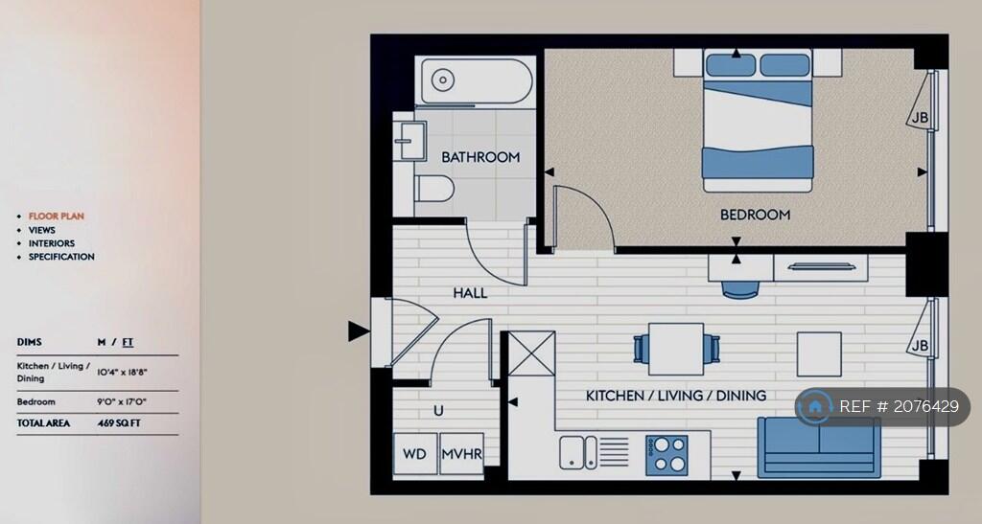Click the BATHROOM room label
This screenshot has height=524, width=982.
(x=480, y=157)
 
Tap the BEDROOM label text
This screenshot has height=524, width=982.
(x=755, y=216)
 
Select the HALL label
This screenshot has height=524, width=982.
(x=470, y=292)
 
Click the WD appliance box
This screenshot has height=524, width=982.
(x=414, y=453)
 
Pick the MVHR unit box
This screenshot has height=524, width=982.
(x=462, y=453)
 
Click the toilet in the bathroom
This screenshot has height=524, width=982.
(x=434, y=188)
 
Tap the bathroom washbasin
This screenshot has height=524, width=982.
(x=409, y=142)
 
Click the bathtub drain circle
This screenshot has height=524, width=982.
(x=443, y=80)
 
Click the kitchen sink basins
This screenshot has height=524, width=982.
(x=578, y=452)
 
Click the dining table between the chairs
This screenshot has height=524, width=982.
(x=676, y=349)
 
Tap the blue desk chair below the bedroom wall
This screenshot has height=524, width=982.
(x=740, y=289)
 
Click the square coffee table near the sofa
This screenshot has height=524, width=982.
(x=819, y=353)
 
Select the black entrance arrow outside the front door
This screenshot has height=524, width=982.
(x=359, y=331)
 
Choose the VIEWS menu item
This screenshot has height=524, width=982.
(x=42, y=230)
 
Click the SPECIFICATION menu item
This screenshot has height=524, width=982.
(x=61, y=257)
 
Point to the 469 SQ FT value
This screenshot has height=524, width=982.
(x=119, y=423)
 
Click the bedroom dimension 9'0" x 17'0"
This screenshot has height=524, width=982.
(x=122, y=402)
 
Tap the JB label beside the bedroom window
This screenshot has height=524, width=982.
(x=920, y=118)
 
